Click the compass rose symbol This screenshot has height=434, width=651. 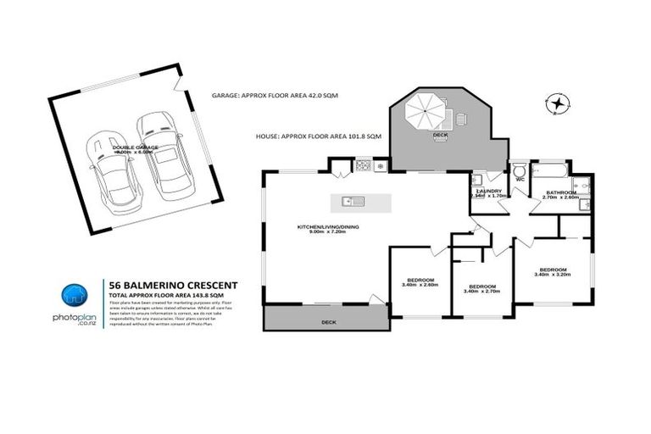tap(558, 103)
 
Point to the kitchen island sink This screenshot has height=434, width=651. tap(351, 201)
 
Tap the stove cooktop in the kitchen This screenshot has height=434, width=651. tap(364, 164)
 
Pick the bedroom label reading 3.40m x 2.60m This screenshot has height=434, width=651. tap(420, 283)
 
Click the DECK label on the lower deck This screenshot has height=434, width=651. tap(329, 323)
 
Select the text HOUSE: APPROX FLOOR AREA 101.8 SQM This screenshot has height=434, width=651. tap(319, 136)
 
